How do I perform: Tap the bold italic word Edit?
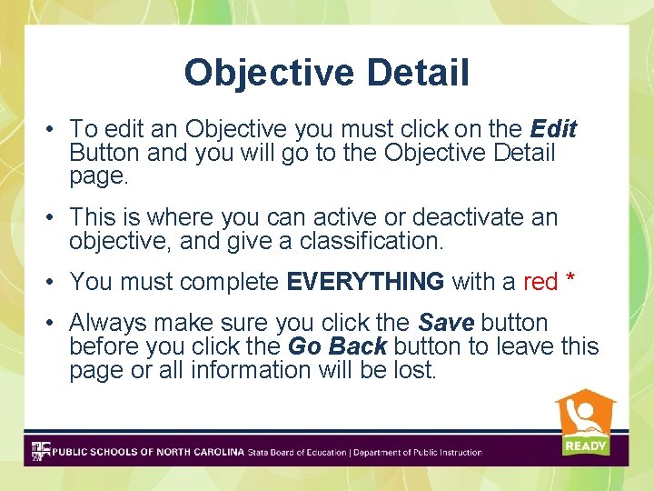(x=553, y=129)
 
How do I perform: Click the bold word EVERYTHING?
(x=365, y=282)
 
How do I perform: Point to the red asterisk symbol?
(x=570, y=280)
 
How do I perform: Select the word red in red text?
(x=540, y=282)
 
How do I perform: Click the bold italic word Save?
(x=446, y=323)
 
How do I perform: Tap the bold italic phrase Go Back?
(x=337, y=346)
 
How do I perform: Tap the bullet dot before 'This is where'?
(x=53, y=218)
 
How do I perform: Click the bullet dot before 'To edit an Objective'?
(x=53, y=130)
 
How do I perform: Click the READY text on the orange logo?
(x=585, y=446)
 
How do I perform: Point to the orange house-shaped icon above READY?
(x=585, y=414)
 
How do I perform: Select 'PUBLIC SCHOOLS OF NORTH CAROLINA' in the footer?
(x=148, y=452)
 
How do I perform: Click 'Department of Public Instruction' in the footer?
(x=417, y=452)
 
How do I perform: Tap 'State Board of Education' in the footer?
(x=297, y=452)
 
